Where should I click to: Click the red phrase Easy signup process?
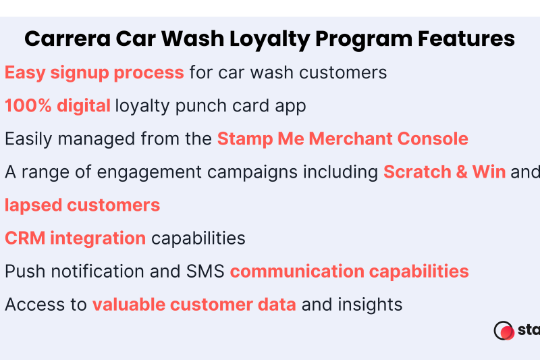point(94,73)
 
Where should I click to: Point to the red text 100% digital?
point(57,106)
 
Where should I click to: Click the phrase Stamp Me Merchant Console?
point(342,139)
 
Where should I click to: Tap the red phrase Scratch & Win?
point(444,172)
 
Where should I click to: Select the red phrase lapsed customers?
point(82,205)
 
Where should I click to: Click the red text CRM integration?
point(75,238)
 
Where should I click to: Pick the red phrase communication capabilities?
point(349,272)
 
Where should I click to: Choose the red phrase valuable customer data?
point(194,305)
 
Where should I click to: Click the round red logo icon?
point(504,331)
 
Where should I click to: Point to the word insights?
point(372,305)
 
